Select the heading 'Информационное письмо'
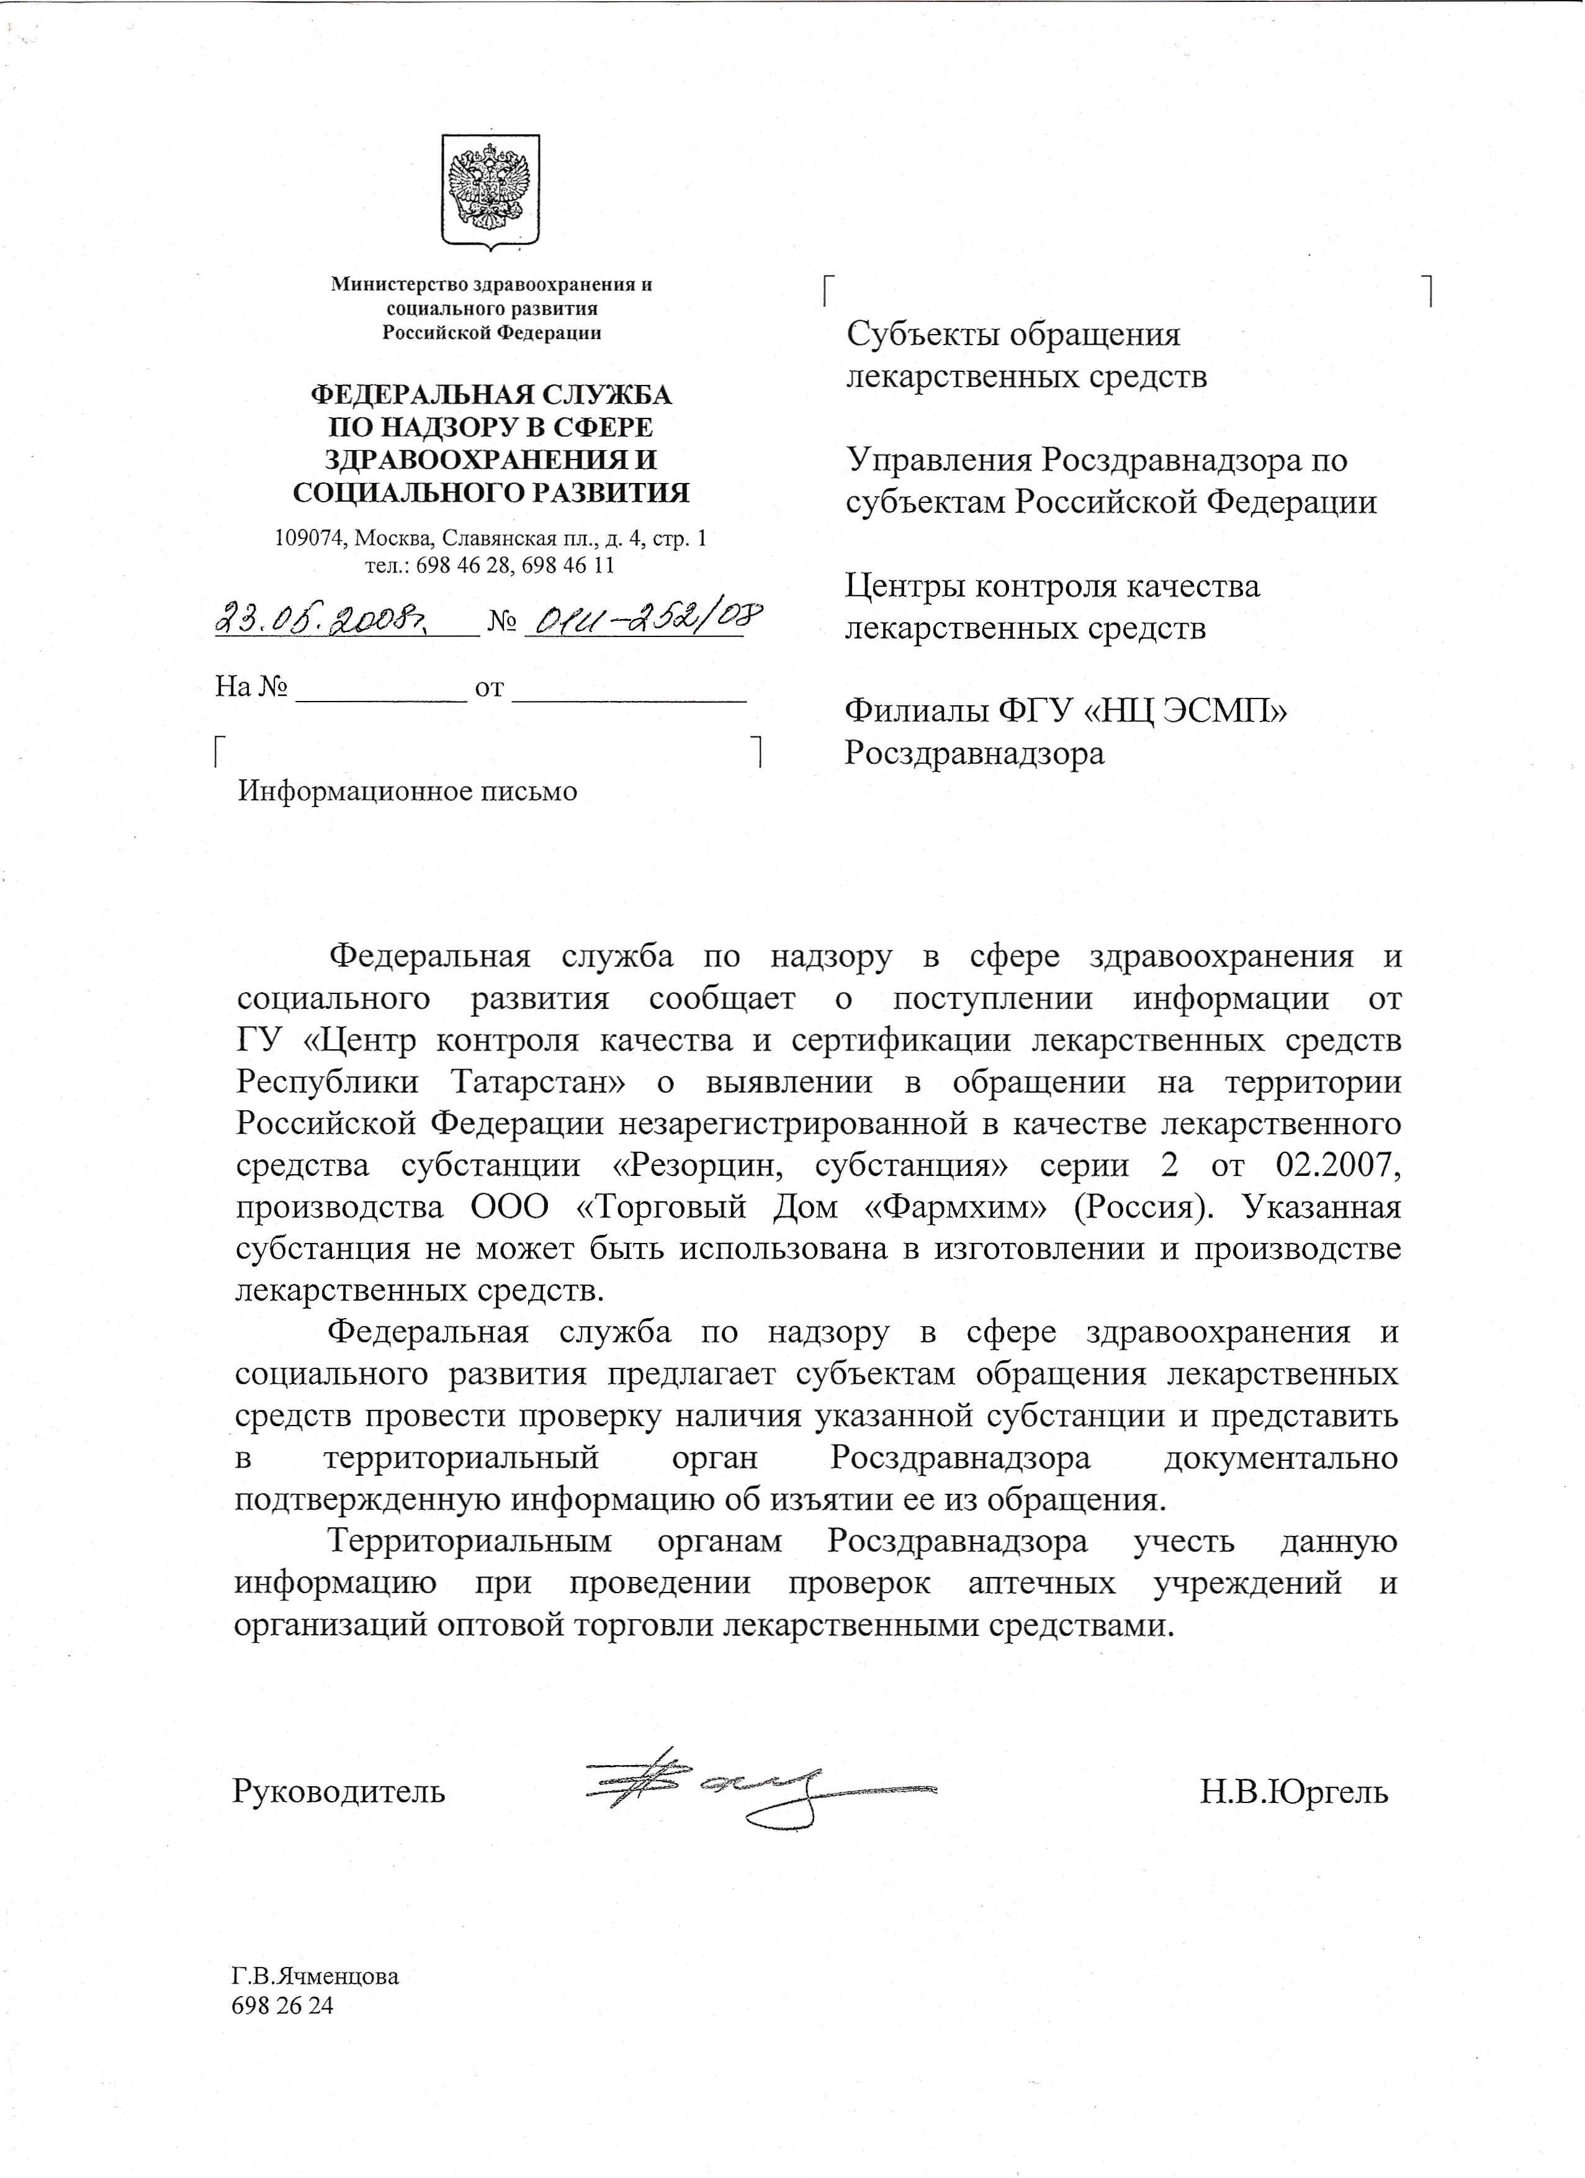point(408,792)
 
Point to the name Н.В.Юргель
point(1293,1792)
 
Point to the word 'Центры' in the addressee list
point(900,586)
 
